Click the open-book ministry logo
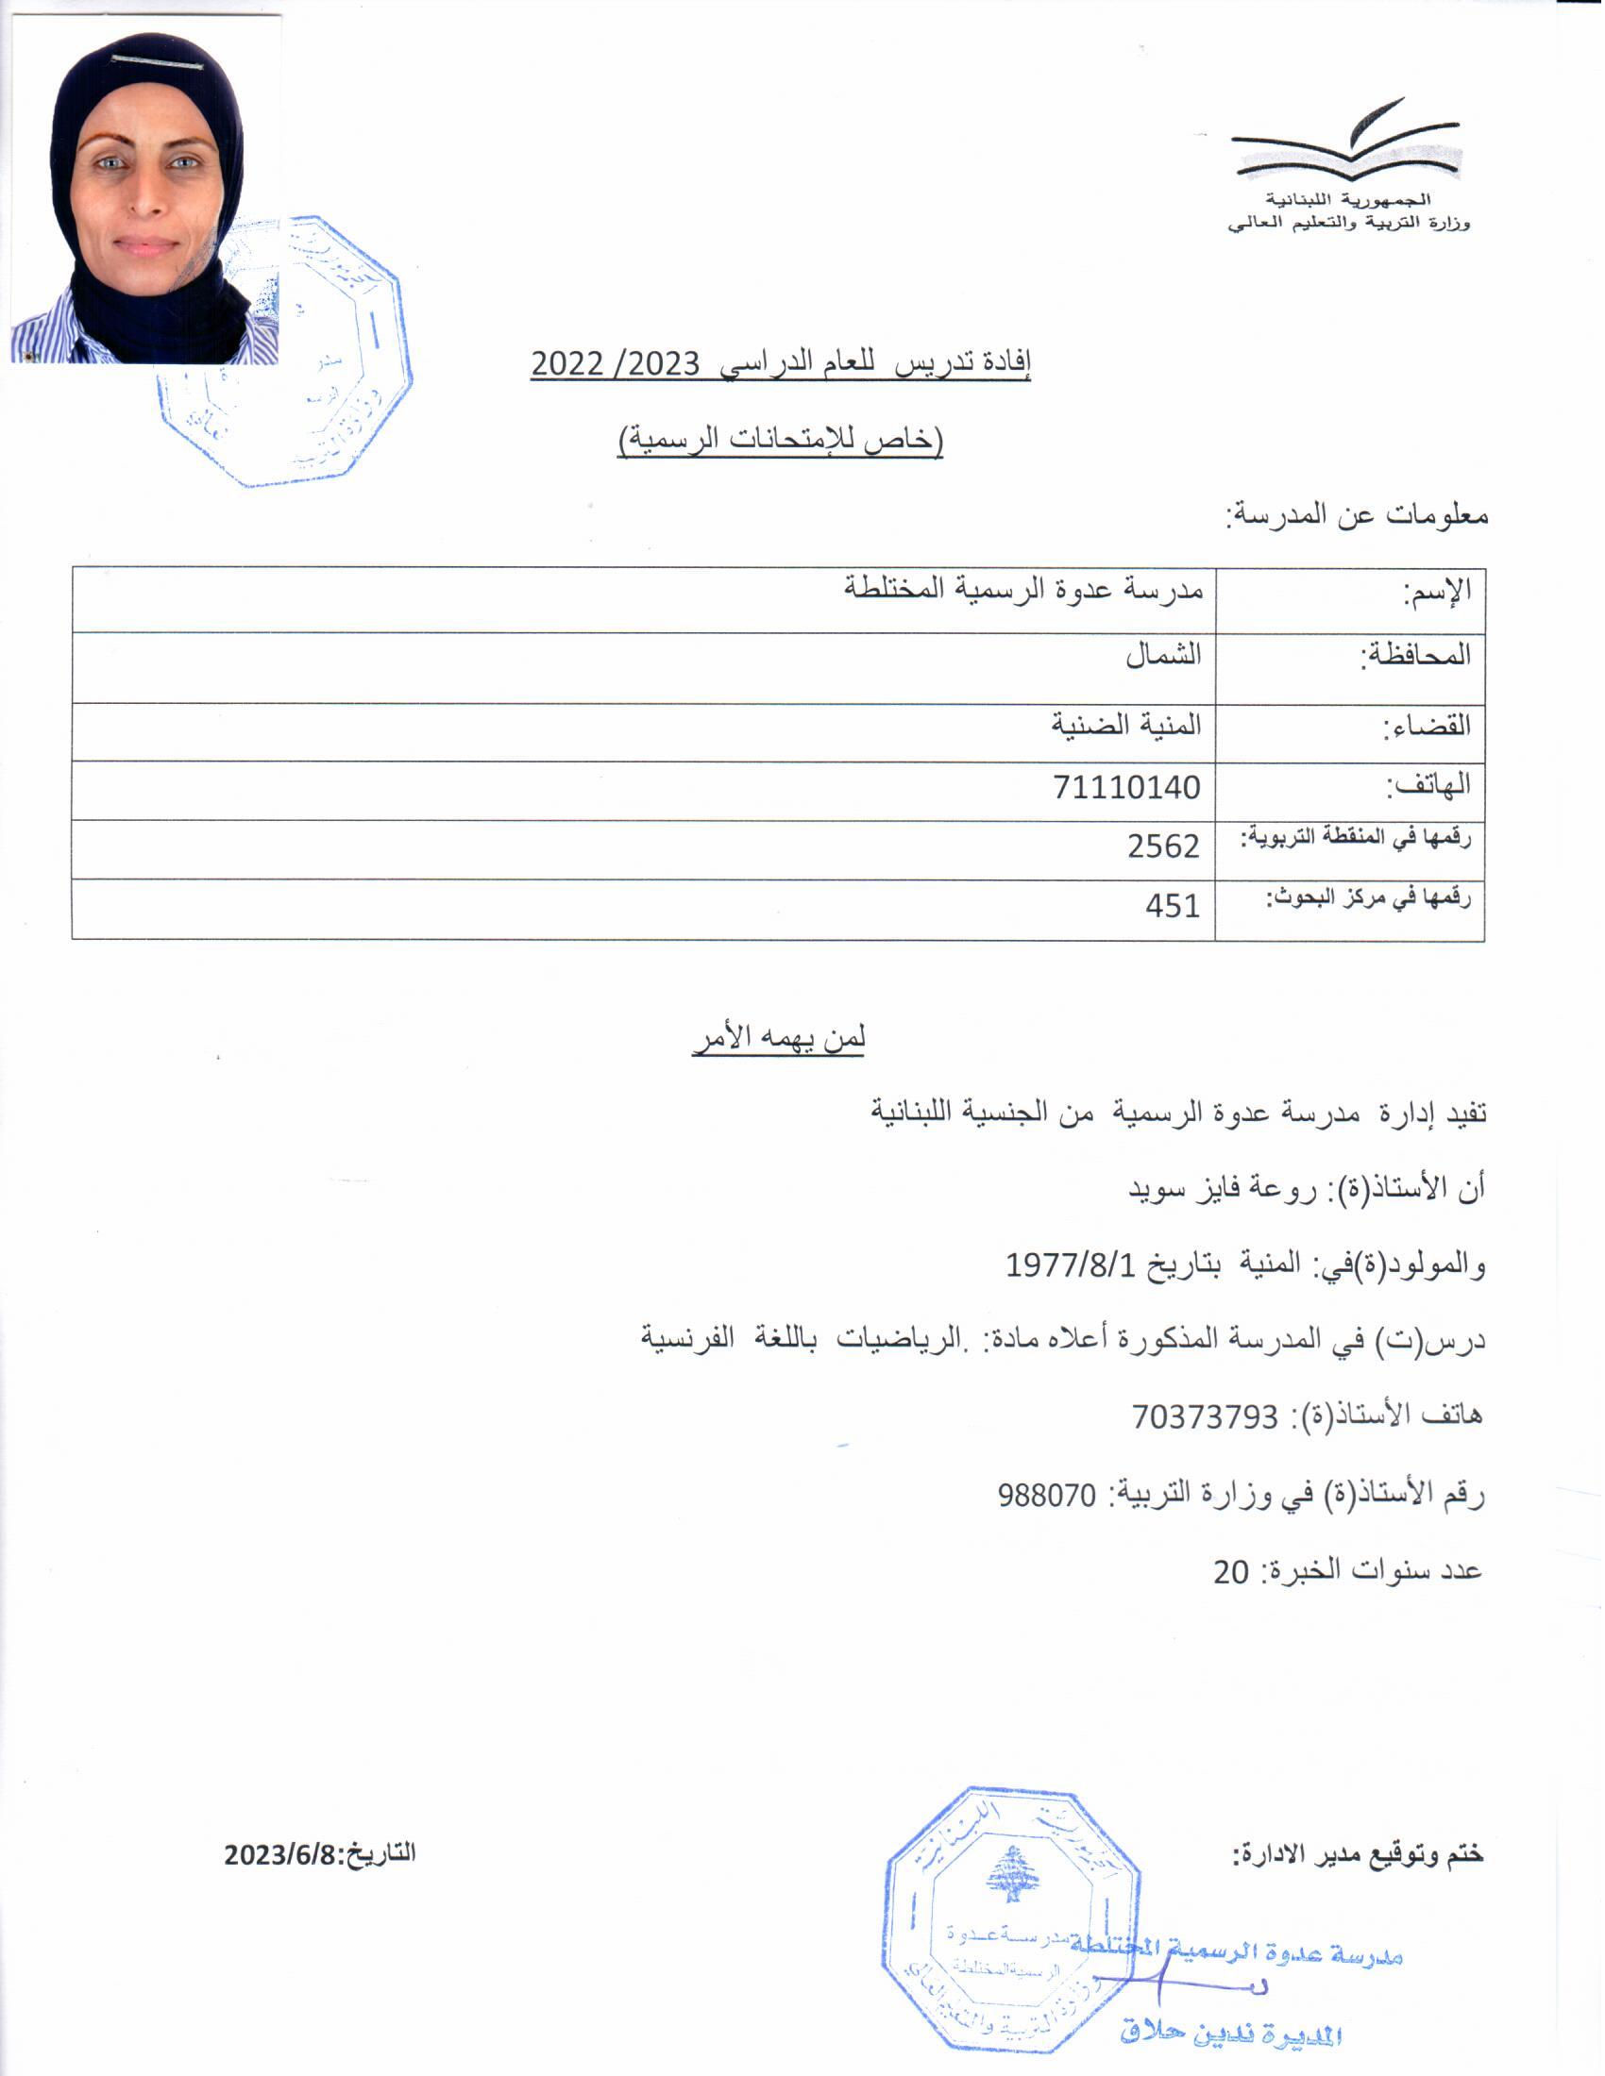coord(1344,142)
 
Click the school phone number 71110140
coord(1125,788)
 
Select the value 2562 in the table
coord(1163,846)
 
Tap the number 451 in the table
coord(1173,906)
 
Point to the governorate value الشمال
coord(1163,654)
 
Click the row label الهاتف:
coord(1428,786)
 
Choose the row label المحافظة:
coord(1417,654)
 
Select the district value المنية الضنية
coord(1125,726)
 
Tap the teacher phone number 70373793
coord(1205,1417)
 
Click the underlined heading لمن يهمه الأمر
coord(779,1038)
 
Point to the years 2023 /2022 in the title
coord(616,363)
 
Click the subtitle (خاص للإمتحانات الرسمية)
coord(780,440)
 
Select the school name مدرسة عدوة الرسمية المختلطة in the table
coord(1024,589)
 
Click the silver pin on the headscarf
coord(157,62)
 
